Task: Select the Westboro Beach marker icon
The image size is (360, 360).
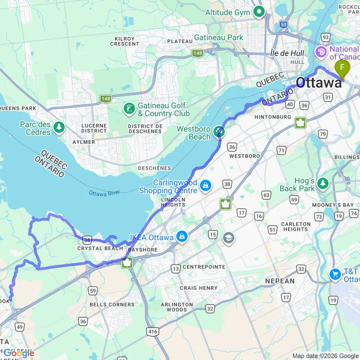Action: pos(219,131)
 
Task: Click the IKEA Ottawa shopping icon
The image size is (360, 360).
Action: pos(182,236)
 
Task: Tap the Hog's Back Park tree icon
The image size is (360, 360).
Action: pos(323,183)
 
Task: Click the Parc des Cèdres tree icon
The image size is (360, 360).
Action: pos(59,127)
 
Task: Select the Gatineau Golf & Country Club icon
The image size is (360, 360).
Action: pos(129,108)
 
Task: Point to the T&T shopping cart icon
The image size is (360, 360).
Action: pos(336,274)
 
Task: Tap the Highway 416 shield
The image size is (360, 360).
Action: pos(153,331)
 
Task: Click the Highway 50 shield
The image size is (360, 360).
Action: pos(283,24)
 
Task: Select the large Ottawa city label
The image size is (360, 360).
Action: pos(319,83)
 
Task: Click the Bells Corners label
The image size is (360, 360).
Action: pos(112,304)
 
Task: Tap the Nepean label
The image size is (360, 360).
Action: pos(280,281)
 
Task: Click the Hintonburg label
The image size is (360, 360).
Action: pos(273,117)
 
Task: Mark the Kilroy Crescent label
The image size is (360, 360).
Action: pos(124,41)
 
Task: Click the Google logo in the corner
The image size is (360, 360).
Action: pos(19,353)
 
